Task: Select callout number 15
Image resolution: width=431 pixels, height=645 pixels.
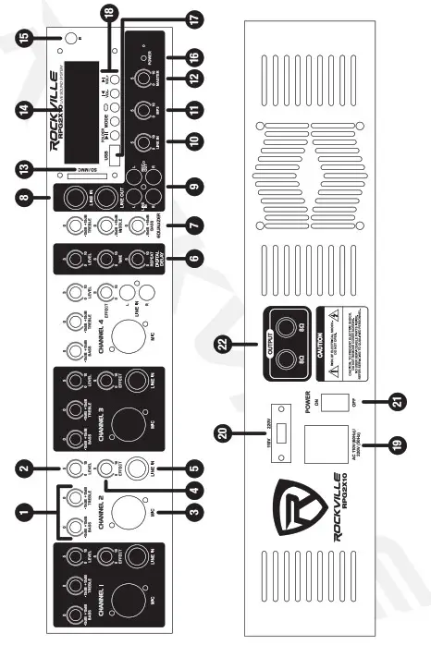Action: [18, 38]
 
